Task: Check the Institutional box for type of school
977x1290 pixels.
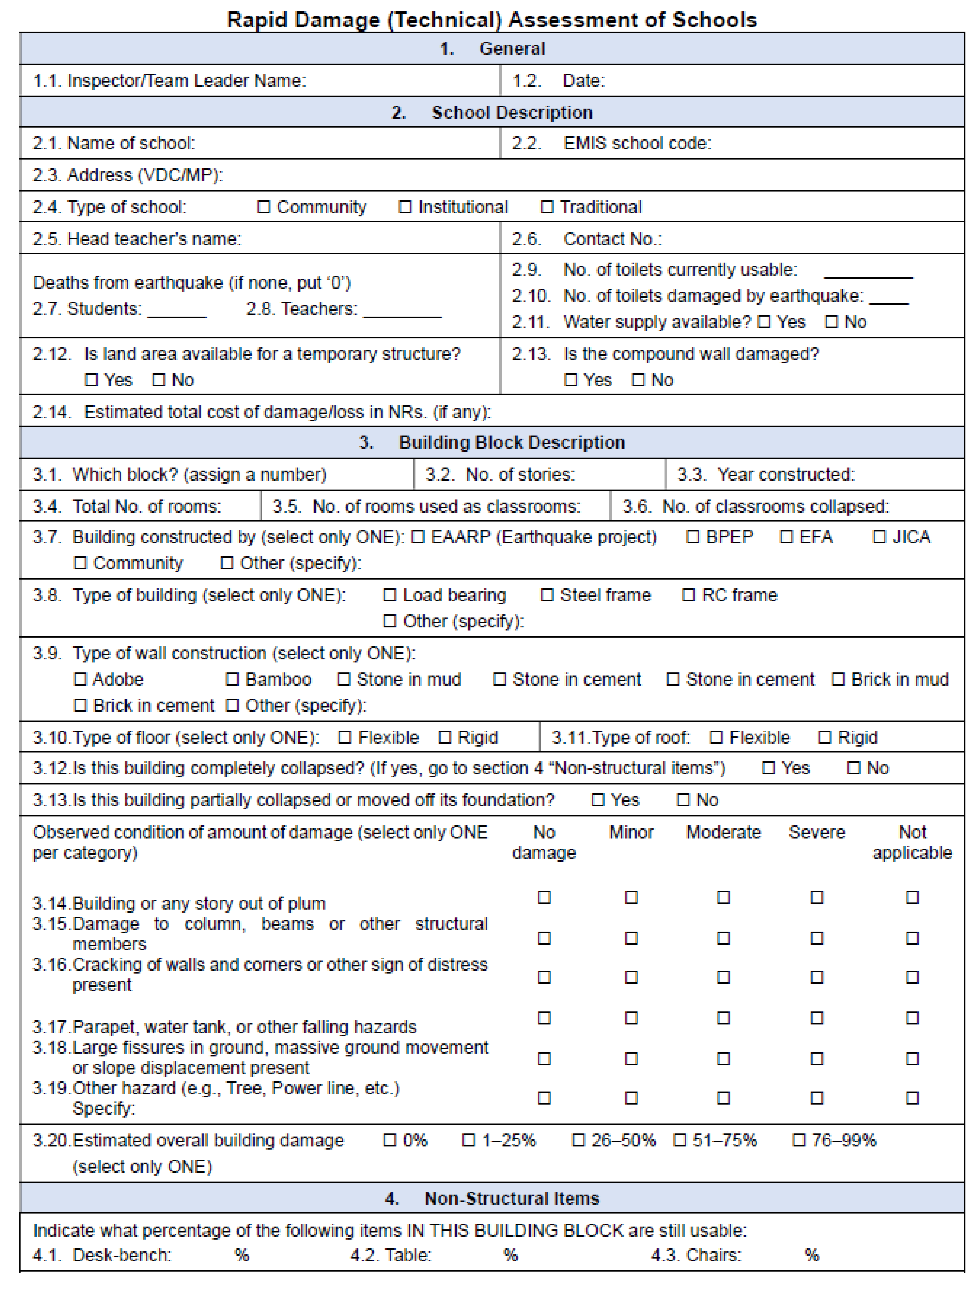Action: point(405,207)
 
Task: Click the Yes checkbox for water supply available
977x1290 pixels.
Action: point(764,322)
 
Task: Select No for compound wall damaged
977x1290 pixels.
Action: point(638,380)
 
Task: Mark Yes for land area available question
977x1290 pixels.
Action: point(91,380)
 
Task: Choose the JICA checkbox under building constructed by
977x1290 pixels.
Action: point(879,537)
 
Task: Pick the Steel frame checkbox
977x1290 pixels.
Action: point(547,595)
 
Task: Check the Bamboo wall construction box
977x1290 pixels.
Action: point(232,679)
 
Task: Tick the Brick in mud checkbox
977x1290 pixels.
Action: point(838,679)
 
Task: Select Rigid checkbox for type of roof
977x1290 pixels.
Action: point(824,738)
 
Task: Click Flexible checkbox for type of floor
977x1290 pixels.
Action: point(344,738)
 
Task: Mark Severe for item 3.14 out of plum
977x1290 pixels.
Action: point(817,897)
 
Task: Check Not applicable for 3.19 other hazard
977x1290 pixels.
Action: point(912,1098)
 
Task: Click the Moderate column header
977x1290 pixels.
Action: point(723,832)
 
